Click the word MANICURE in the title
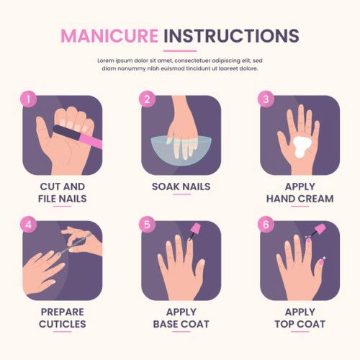(x=109, y=36)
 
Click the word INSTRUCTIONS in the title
(x=231, y=36)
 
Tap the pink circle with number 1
(x=28, y=99)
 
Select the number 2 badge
(x=147, y=99)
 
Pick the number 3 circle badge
(x=266, y=99)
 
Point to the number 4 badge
(x=28, y=225)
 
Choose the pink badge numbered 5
(x=147, y=225)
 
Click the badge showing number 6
(x=266, y=225)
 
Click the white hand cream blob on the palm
(x=302, y=146)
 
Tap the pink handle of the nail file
(x=91, y=140)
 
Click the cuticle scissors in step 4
(x=74, y=243)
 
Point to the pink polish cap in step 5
(x=196, y=228)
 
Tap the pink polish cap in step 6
(x=320, y=229)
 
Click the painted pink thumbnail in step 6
(x=321, y=261)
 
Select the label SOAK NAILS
(x=181, y=186)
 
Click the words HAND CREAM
(x=300, y=199)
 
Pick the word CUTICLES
(x=63, y=324)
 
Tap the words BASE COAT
(x=181, y=324)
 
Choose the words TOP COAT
(x=300, y=324)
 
